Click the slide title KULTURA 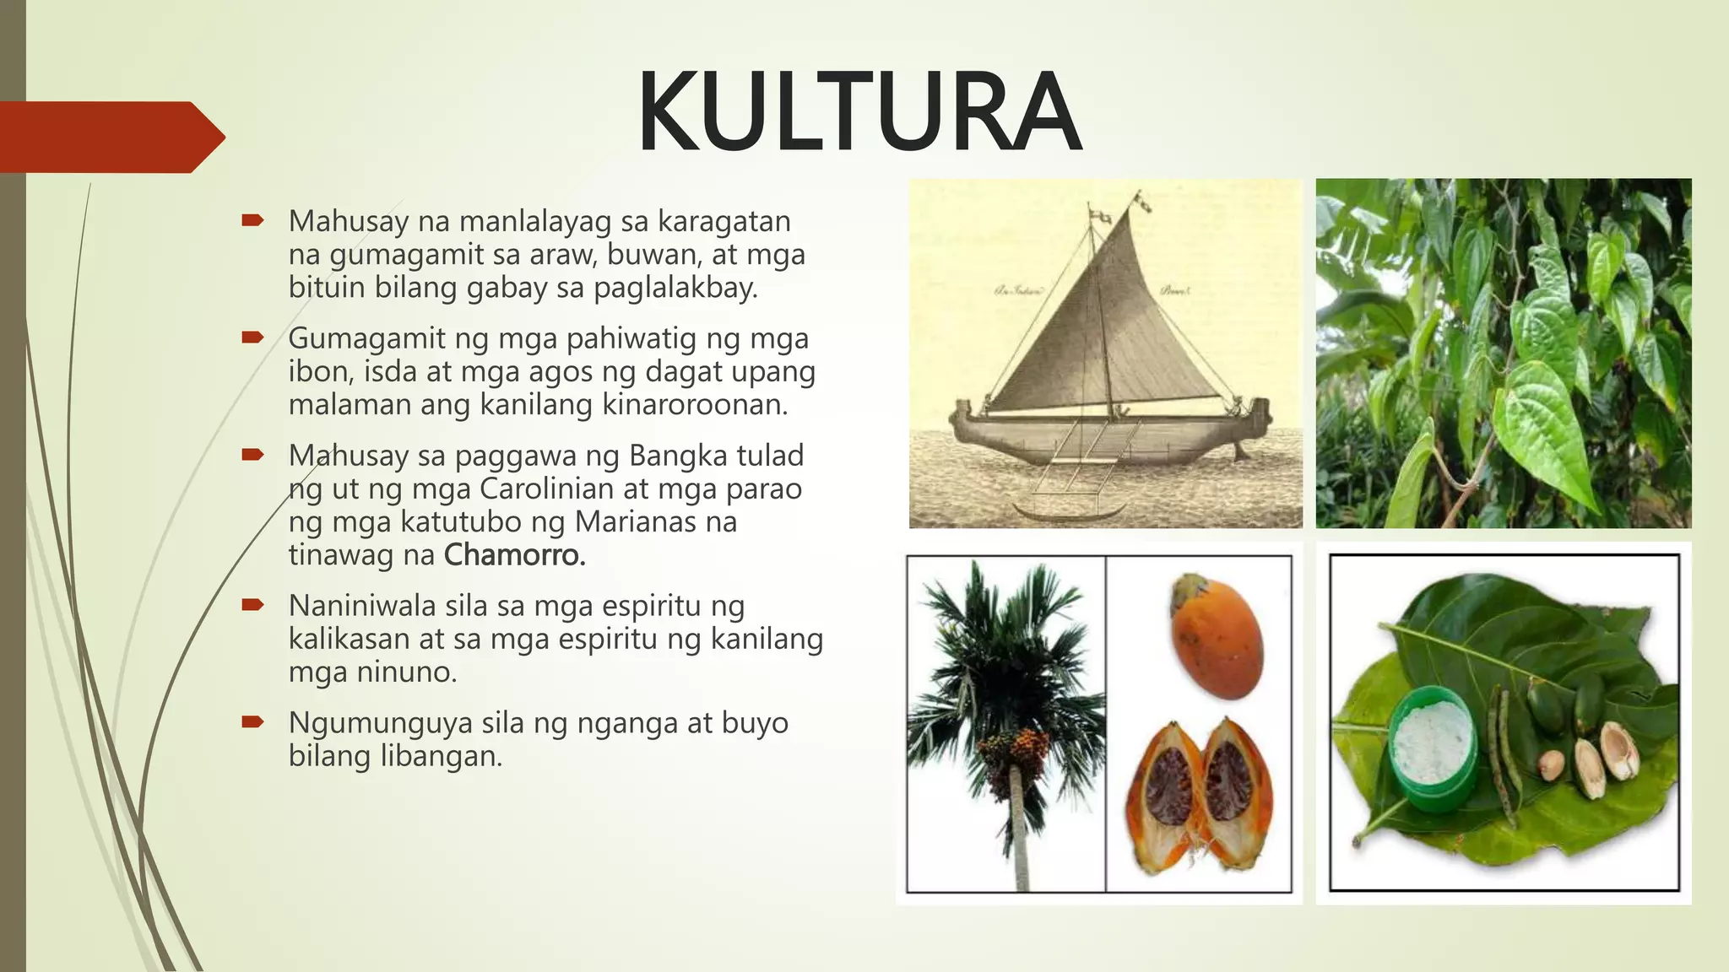point(859,112)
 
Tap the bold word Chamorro point(514,555)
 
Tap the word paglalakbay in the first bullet point(675,289)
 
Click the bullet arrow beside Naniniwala point(252,605)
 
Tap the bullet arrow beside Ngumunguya point(252,722)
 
